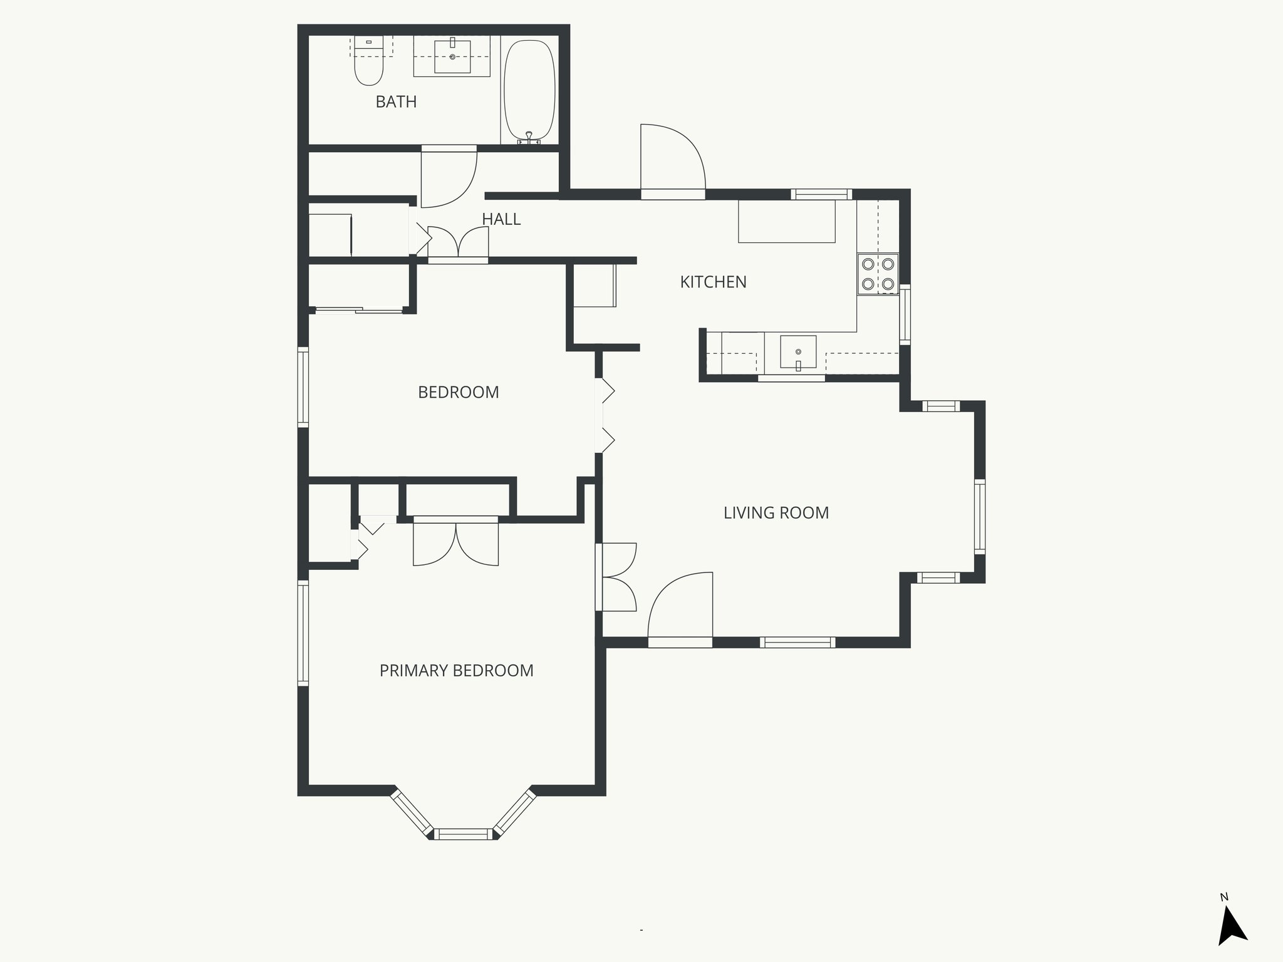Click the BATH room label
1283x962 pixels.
(x=396, y=101)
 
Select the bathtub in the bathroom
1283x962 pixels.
(x=529, y=91)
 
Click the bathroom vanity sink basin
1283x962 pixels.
(x=452, y=57)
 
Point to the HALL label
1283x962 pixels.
(x=501, y=219)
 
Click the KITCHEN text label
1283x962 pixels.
(x=713, y=282)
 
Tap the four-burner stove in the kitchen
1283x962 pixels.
(x=878, y=274)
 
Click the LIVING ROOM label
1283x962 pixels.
(x=776, y=513)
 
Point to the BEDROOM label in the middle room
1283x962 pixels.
(x=459, y=393)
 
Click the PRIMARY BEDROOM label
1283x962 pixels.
(x=457, y=671)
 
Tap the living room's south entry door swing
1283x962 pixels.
(x=681, y=608)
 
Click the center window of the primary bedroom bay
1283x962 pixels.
(x=464, y=834)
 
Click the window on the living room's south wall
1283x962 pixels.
(x=797, y=642)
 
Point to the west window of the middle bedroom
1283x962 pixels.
(x=303, y=387)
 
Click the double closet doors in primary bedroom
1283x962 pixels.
(x=456, y=542)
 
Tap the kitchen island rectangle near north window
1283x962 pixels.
(x=787, y=221)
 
